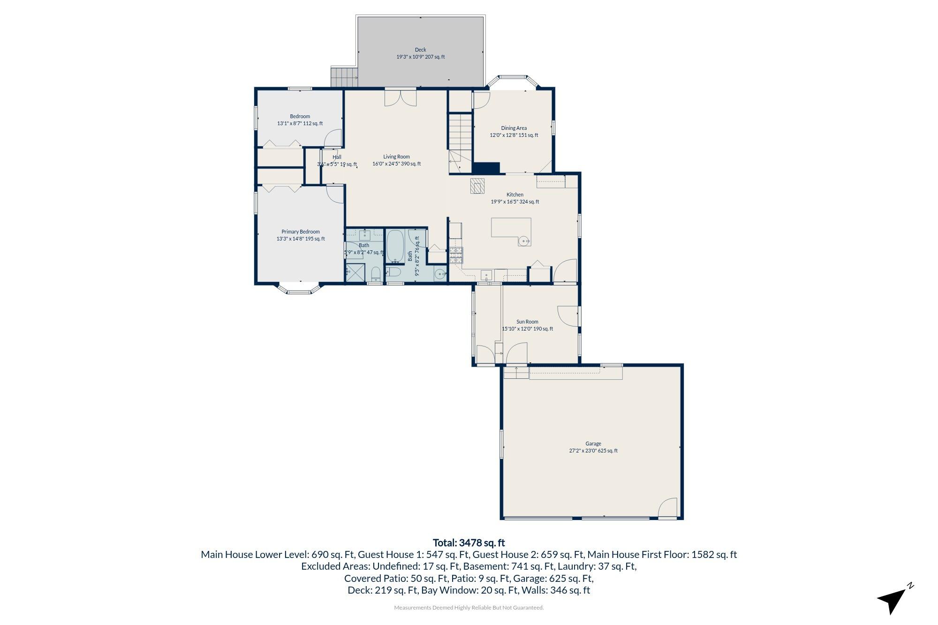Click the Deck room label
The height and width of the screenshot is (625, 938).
pyautogui.click(x=420, y=50)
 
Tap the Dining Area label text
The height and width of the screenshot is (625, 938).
pyautogui.click(x=514, y=128)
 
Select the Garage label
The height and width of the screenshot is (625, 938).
pyautogui.click(x=593, y=444)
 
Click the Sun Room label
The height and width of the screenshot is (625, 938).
pyautogui.click(x=527, y=322)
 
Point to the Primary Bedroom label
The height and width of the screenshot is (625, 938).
pyautogui.click(x=300, y=232)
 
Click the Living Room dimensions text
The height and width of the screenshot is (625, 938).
pyautogui.click(x=396, y=164)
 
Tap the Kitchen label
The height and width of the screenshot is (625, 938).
pyautogui.click(x=514, y=195)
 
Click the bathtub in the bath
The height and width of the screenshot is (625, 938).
pyautogui.click(x=395, y=246)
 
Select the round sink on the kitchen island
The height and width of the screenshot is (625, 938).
pyautogui.click(x=524, y=241)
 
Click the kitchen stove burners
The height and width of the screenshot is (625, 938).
pyautogui.click(x=456, y=255)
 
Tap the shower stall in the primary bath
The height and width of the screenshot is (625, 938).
pyautogui.click(x=355, y=272)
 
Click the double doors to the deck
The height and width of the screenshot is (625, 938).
pyautogui.click(x=400, y=98)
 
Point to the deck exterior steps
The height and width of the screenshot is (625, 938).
pyautogui.click(x=344, y=77)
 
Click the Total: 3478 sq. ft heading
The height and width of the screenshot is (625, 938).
pyautogui.click(x=469, y=543)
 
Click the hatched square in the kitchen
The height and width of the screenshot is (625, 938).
pyautogui.click(x=478, y=186)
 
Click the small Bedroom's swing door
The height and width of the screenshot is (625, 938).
pyautogui.click(x=333, y=139)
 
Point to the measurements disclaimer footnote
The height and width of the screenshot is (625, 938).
pyautogui.click(x=469, y=608)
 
